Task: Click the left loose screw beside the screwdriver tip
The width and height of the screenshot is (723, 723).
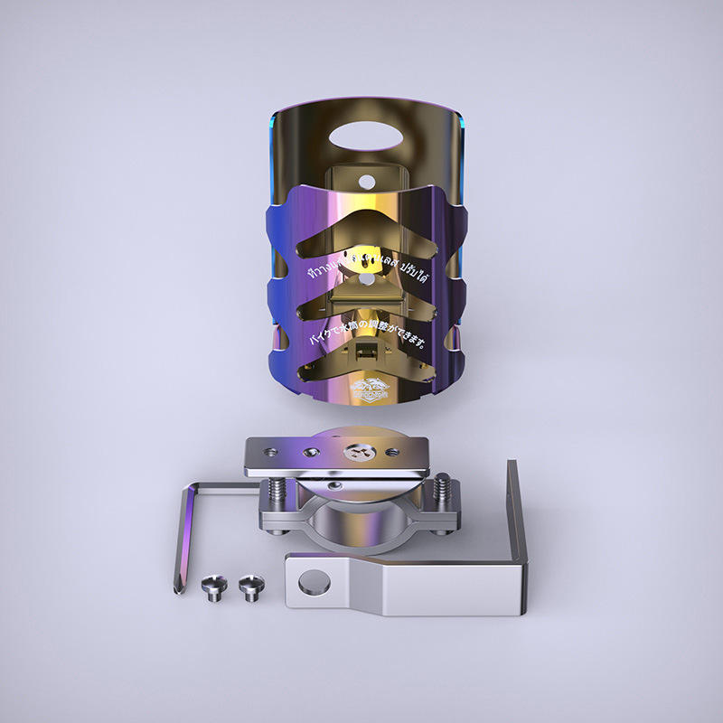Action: coord(212,587)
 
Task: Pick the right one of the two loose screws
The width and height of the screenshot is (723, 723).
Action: coord(249,587)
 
